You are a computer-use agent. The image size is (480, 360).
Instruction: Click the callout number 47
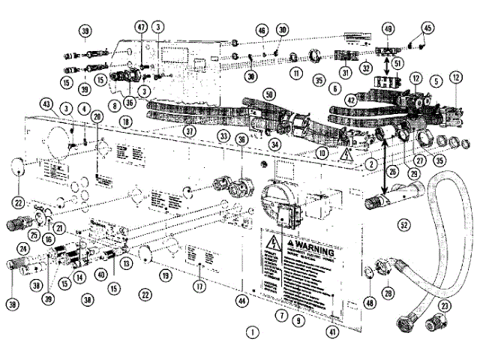tap(140, 25)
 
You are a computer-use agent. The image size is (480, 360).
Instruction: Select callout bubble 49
tap(388, 29)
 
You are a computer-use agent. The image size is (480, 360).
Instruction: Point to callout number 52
tap(404, 223)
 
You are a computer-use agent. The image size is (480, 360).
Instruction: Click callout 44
tap(241, 301)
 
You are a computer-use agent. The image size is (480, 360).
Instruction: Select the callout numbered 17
tap(199, 285)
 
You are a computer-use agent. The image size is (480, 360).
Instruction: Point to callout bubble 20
tap(96, 117)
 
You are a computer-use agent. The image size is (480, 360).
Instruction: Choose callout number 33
tap(224, 136)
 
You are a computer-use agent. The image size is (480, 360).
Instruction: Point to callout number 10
tap(322, 153)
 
